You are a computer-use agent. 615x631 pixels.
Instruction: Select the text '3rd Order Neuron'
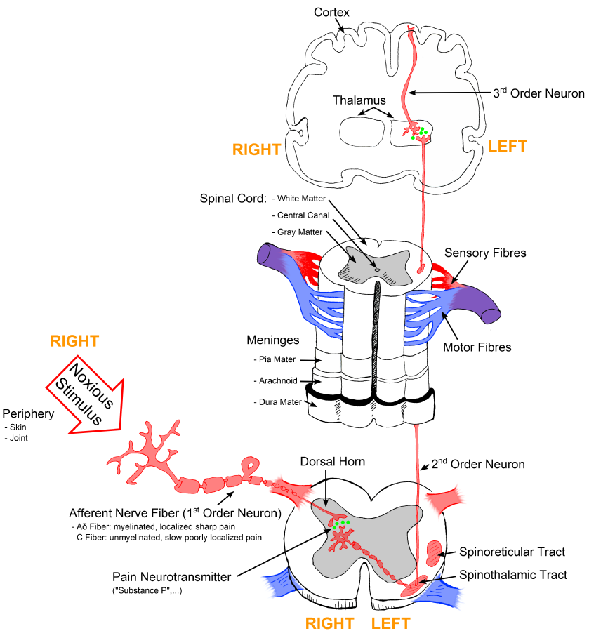(x=539, y=93)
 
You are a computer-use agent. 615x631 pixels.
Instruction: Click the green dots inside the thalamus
(x=420, y=132)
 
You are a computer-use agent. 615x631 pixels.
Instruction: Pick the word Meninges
(x=273, y=340)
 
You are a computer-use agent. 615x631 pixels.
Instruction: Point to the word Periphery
(x=29, y=413)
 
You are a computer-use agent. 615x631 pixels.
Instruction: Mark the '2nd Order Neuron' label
(x=478, y=464)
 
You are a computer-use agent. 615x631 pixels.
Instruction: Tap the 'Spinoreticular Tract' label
(x=512, y=552)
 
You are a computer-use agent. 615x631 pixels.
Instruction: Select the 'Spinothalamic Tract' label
(x=512, y=576)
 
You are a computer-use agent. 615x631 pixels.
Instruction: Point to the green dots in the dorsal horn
(x=340, y=522)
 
